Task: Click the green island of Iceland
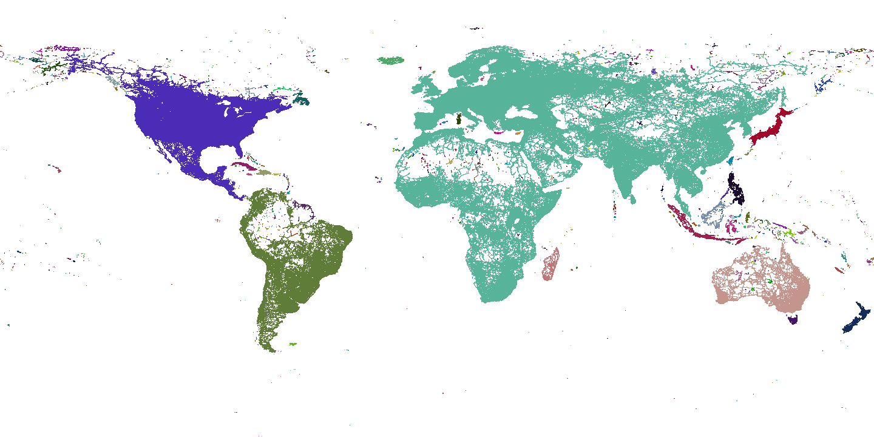click(x=391, y=60)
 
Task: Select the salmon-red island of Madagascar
click(x=551, y=267)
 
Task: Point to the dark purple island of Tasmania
click(x=793, y=319)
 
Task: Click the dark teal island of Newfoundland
click(x=302, y=101)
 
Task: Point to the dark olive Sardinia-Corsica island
click(x=459, y=118)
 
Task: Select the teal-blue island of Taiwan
click(x=730, y=160)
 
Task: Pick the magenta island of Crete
click(x=499, y=132)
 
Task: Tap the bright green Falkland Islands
click(x=293, y=344)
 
